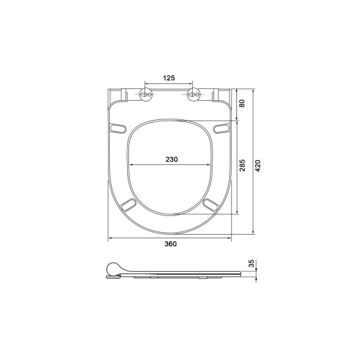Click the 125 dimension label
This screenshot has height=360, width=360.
click(169, 78)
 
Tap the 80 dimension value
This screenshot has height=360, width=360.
click(242, 103)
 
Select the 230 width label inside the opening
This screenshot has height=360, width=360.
click(172, 160)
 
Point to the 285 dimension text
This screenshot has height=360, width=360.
click(242, 166)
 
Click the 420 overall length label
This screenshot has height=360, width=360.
click(258, 166)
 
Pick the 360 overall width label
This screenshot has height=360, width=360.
click(170, 244)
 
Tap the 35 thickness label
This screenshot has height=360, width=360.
click(252, 263)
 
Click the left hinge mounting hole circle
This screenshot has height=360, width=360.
click(146, 94)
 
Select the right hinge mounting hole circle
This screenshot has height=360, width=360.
click(194, 94)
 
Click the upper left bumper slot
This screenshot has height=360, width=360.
click(118, 128)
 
